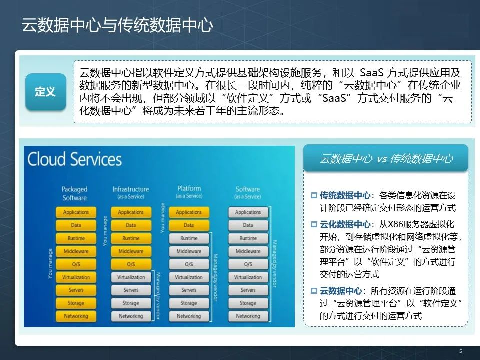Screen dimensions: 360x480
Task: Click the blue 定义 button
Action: coord(45,92)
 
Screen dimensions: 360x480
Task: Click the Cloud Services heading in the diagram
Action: coord(74,159)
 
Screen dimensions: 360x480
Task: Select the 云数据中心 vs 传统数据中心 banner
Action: coord(386,159)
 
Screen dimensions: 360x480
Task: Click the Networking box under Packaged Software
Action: coord(76,316)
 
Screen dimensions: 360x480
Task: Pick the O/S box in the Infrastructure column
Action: coord(131,264)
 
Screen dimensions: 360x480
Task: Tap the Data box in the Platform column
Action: coord(189,225)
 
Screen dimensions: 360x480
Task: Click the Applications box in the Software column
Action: coord(248,212)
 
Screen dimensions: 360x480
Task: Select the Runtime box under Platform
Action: coord(189,238)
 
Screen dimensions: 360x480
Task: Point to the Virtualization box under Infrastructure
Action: coord(131,277)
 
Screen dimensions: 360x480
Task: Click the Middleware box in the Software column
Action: coord(248,251)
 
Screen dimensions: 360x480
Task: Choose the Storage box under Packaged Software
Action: coord(76,303)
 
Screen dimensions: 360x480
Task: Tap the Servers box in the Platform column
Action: coord(189,290)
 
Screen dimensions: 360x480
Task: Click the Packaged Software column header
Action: coord(74,193)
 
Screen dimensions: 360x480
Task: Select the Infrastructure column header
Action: coord(131,192)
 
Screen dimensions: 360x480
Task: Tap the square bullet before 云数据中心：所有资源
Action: coord(314,290)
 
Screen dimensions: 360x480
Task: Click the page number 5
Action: coord(461,351)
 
